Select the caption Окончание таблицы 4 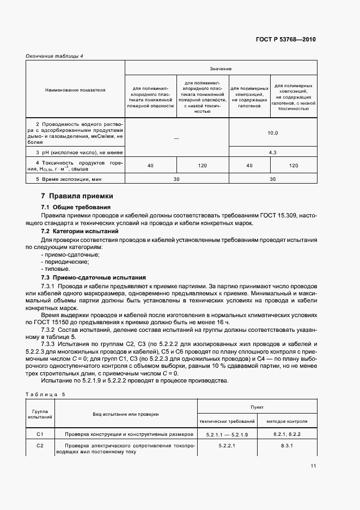54,56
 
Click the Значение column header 221,69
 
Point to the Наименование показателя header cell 75,89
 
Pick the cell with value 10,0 272,133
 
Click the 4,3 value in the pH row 272,153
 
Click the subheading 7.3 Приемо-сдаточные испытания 94,277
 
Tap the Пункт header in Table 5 257,406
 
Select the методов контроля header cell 286,421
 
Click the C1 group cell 40,434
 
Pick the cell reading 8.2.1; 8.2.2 286,434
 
